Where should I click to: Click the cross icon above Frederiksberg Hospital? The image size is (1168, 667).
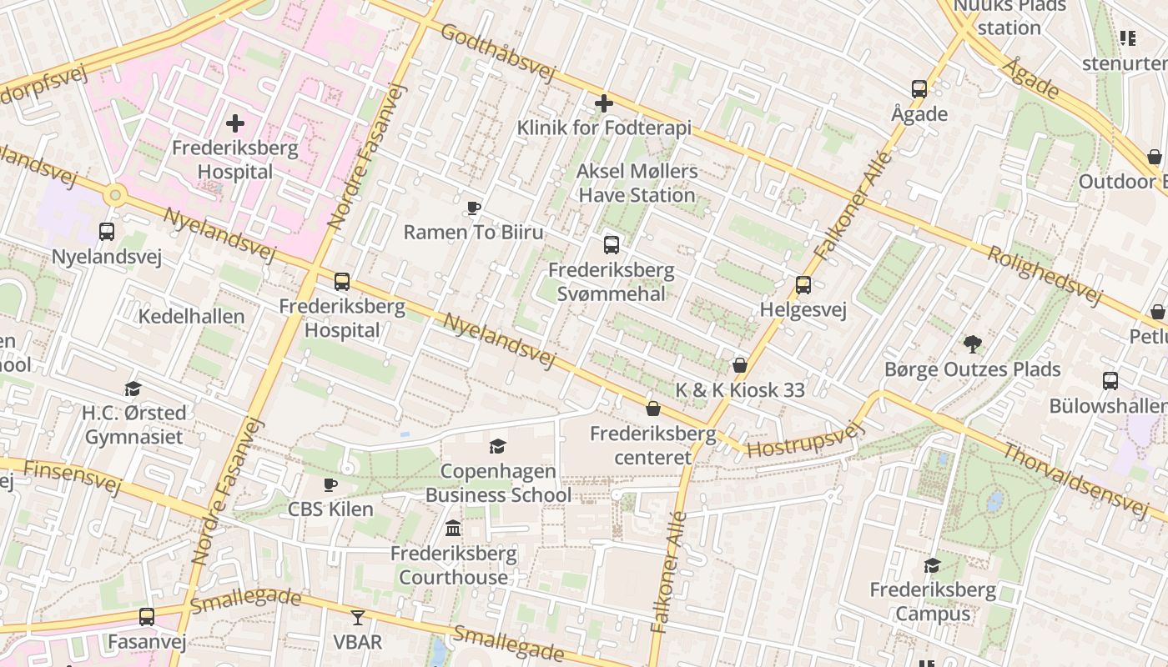(x=235, y=124)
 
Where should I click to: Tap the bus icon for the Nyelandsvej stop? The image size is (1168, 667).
(x=107, y=232)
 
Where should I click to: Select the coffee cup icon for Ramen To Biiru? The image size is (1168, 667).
(x=474, y=208)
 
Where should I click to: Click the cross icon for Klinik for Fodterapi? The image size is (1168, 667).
(x=604, y=103)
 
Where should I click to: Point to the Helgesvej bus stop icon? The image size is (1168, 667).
(x=803, y=285)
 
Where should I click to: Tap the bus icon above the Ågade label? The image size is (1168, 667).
(x=919, y=89)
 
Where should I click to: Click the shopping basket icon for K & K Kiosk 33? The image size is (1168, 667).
(x=739, y=365)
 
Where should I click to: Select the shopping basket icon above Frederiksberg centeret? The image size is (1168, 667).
(x=653, y=409)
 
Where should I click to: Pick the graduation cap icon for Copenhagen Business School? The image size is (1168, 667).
(x=498, y=446)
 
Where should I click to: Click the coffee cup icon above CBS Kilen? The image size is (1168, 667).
(x=330, y=484)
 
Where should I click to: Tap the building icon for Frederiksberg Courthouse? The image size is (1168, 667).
(x=453, y=528)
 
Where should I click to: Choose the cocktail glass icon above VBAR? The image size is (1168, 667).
(x=358, y=617)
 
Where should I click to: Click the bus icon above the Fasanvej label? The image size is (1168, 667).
(x=147, y=617)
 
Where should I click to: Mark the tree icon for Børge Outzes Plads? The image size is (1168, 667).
(x=972, y=344)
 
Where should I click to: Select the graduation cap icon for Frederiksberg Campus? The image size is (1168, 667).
(x=932, y=566)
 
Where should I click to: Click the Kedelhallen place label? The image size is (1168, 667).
(x=192, y=317)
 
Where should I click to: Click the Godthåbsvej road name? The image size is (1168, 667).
(x=496, y=52)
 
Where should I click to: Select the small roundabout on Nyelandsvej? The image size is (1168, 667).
(x=115, y=196)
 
